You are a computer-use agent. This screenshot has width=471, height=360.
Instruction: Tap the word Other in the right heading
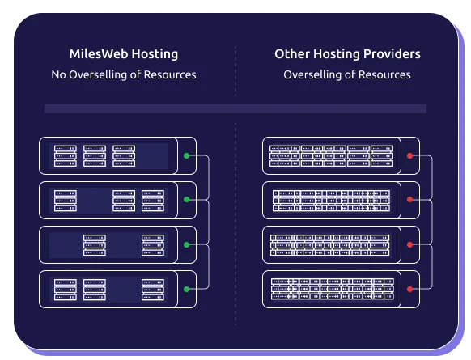(x=291, y=55)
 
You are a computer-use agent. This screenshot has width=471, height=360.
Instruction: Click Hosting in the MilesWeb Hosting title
(x=154, y=55)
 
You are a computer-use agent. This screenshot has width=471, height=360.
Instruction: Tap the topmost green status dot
(x=186, y=155)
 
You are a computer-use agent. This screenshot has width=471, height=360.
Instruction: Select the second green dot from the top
(x=186, y=199)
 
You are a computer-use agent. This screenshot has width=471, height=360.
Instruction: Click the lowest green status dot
(x=186, y=289)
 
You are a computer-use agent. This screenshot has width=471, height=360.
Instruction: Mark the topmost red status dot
(x=410, y=155)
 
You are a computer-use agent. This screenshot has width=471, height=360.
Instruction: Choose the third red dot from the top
(x=410, y=244)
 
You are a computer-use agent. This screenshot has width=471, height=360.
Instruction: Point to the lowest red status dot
(x=410, y=289)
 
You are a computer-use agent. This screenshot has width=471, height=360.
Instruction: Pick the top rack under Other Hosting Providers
(x=332, y=155)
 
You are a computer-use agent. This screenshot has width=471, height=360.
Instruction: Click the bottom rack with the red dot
(x=332, y=289)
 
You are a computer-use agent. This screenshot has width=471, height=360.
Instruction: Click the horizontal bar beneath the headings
(x=235, y=108)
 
